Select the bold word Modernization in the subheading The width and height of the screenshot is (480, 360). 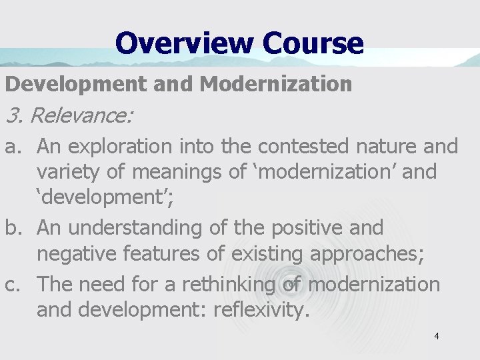(275, 84)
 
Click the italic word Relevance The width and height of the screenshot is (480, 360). (81, 116)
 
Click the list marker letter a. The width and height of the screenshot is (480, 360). (11, 145)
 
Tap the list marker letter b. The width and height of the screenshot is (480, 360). (12, 228)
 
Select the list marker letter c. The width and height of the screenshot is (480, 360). (11, 284)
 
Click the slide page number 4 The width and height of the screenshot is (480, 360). (436, 337)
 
